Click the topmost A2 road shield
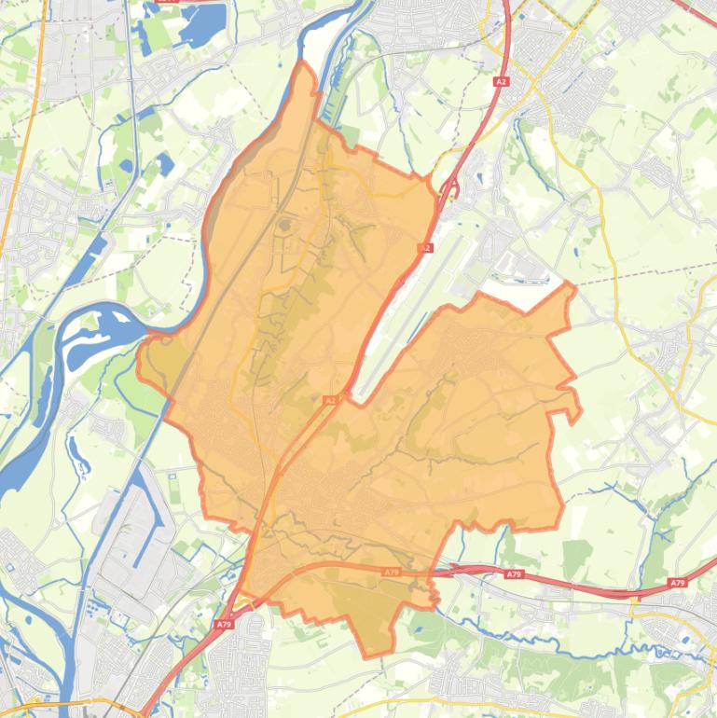coord(502,82)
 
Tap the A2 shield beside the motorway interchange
coord(426,248)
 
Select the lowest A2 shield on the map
coord(329,400)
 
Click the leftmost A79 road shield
coord(223,624)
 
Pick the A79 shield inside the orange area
coord(392,571)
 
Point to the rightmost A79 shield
coord(677,583)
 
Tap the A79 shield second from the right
coord(515,574)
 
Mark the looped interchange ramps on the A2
coord(450,189)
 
